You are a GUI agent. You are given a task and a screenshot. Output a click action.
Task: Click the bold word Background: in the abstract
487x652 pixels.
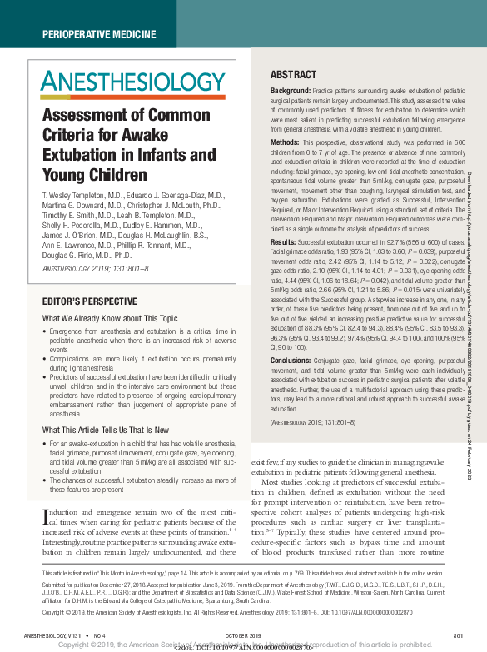pos(291,90)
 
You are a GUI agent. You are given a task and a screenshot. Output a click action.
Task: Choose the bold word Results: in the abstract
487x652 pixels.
pos(285,241)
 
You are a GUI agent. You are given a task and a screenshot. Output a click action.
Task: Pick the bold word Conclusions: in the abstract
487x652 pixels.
pos(292,359)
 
